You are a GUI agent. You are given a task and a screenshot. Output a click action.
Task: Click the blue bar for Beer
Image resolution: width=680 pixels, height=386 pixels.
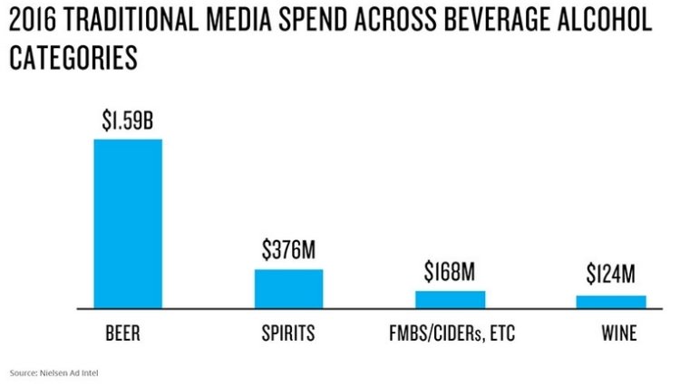click(x=128, y=224)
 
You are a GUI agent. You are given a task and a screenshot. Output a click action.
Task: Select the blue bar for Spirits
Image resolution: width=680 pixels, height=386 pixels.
click(x=288, y=289)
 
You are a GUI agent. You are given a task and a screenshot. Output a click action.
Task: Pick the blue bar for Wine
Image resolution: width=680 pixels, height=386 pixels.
click(x=611, y=302)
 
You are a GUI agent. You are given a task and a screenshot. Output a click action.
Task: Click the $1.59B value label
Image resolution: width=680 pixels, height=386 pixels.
click(x=128, y=121)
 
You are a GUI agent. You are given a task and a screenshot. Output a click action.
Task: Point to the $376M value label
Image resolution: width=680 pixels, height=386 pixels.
click(x=288, y=251)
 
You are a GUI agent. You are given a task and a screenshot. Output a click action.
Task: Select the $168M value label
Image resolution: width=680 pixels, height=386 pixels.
click(x=450, y=272)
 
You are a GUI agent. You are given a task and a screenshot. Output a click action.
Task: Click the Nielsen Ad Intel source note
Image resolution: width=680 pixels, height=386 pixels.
click(x=51, y=372)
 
